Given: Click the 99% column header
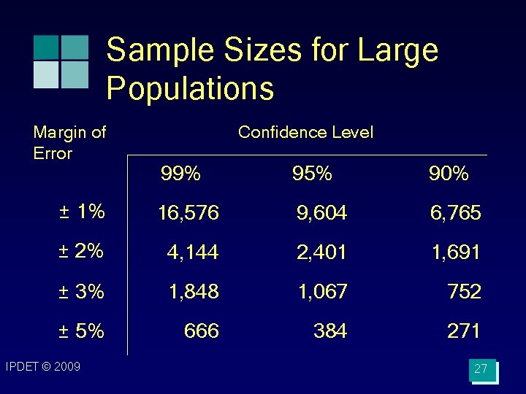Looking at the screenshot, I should tap(180, 174).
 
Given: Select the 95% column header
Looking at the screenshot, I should tap(312, 174).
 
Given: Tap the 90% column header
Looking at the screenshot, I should tap(449, 174).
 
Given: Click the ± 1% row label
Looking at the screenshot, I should tap(82, 212).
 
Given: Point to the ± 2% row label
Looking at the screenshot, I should tap(81, 251).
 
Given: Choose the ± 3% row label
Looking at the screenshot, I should tap(81, 291).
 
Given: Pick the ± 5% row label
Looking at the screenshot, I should tap(81, 331).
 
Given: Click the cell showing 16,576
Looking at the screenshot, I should tap(188, 212).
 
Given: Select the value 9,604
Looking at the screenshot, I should tap(321, 212).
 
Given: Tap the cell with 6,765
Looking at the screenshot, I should tap(455, 212).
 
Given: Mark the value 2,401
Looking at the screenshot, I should tap(321, 252).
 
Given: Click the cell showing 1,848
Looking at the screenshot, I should tap(194, 292).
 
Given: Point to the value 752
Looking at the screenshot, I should tap(464, 292).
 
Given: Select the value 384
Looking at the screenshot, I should tap(329, 331).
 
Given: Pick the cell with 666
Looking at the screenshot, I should tap(202, 331).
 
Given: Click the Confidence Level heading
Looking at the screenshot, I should tap(305, 132).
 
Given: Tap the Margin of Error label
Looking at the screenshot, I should tap(69, 142).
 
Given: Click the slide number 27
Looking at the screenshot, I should tap(481, 369).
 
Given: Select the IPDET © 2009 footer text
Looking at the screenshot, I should tap(42, 366).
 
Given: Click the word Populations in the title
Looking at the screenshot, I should tap(190, 88).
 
